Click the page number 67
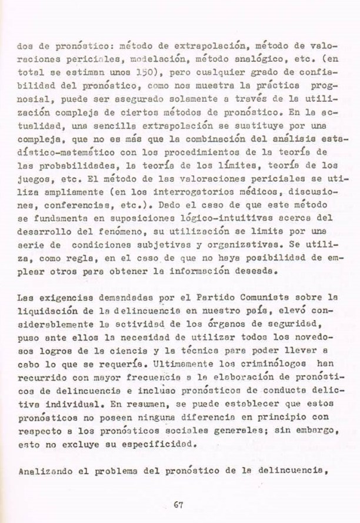coord(181,503)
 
